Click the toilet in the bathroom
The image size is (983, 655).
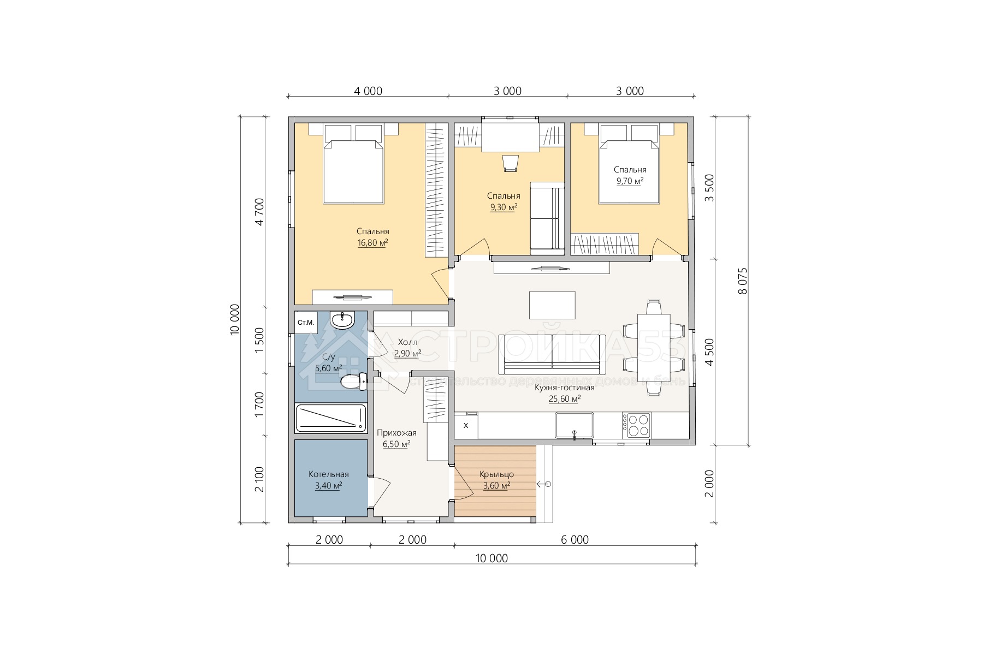coord(353,382)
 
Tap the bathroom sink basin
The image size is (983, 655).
coord(343,320)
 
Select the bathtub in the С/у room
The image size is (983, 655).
coord(330,419)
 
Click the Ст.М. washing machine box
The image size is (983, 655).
coord(306,322)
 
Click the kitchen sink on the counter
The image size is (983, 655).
coord(575,425)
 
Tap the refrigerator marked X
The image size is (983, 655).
coord(466,425)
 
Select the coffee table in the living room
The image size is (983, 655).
coord(552,305)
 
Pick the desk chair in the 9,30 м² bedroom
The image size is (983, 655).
coord(510,163)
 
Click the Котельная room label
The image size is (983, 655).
coord(328,474)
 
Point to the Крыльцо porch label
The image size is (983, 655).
coord(496,474)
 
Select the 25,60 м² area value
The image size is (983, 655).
coord(565,399)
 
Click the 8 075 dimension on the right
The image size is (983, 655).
coord(742,281)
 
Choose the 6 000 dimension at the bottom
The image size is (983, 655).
coord(575,540)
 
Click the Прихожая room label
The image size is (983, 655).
coord(396,433)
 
